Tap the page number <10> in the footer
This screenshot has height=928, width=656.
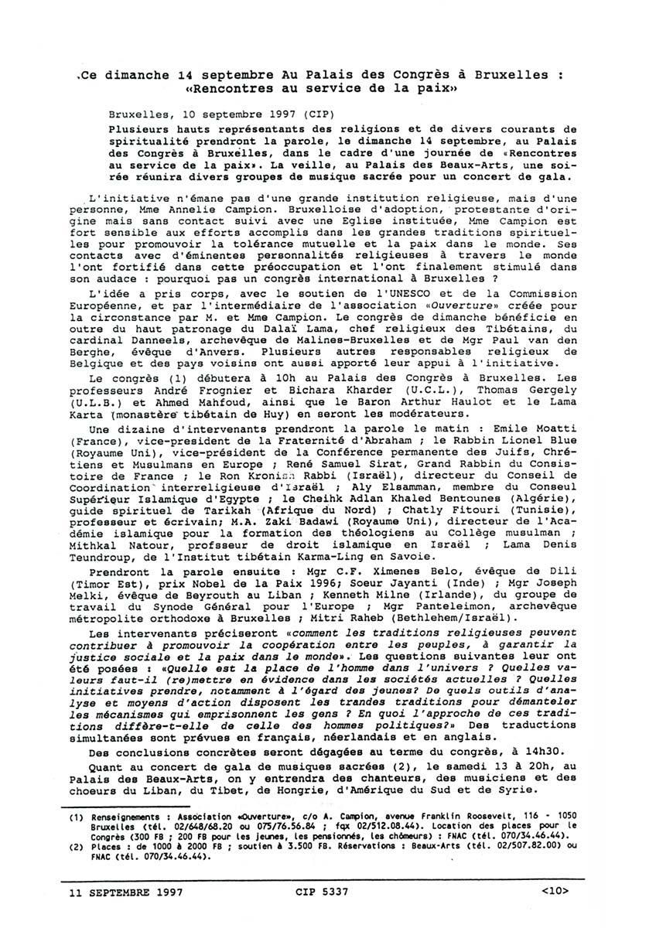[x=555, y=891]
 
